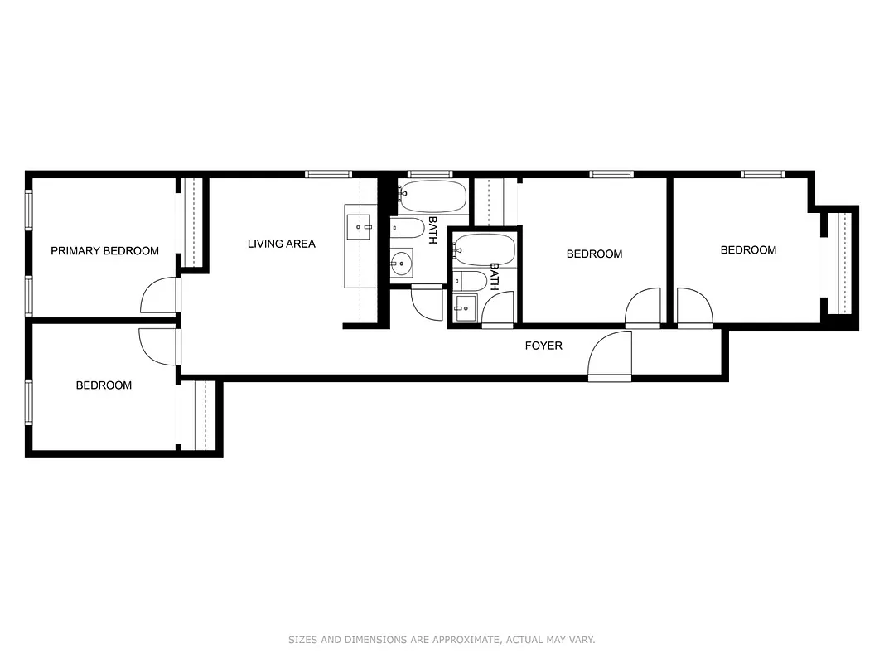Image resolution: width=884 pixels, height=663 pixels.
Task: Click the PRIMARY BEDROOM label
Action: click(104, 251)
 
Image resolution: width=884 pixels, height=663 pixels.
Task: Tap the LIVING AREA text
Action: click(281, 244)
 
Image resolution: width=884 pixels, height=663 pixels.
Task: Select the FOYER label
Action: click(543, 346)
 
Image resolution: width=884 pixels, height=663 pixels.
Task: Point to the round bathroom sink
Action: click(401, 264)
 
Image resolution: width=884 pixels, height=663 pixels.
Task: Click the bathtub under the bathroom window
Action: click(432, 197)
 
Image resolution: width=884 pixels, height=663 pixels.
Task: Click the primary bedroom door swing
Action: click(160, 297)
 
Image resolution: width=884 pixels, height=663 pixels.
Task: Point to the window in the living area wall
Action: click(329, 174)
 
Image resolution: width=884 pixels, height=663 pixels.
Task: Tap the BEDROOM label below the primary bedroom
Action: click(104, 385)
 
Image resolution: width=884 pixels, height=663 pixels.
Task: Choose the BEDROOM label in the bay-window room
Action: click(748, 250)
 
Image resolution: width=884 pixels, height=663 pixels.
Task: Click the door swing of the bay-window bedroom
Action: click(694, 307)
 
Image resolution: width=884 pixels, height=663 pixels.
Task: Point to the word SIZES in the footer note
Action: click(302, 640)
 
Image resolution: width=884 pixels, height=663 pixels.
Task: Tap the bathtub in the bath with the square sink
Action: click(485, 249)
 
